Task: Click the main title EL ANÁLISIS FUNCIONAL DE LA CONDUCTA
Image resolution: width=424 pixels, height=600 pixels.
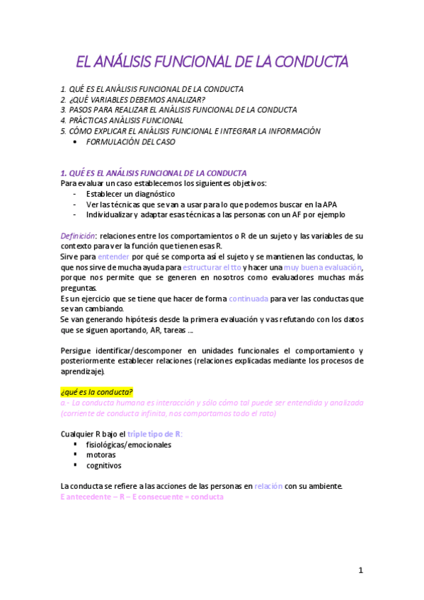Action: (x=212, y=62)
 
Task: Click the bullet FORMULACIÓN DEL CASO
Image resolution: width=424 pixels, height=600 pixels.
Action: (x=130, y=142)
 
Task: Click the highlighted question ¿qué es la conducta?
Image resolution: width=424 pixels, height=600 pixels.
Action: (x=96, y=393)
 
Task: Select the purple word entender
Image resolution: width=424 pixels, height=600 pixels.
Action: (x=114, y=257)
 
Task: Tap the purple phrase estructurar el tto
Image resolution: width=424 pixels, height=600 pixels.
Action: (x=212, y=267)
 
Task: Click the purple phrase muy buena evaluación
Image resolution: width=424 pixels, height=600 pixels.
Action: (x=322, y=267)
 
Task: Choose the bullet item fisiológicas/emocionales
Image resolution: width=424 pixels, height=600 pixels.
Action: (x=128, y=444)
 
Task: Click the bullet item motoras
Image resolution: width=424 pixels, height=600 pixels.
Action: (x=101, y=455)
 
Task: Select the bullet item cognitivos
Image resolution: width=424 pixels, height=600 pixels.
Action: (x=103, y=466)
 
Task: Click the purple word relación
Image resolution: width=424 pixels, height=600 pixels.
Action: (x=268, y=486)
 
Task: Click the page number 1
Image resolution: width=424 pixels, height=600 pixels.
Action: (x=360, y=570)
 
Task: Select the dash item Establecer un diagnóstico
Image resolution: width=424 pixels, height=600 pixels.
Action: (x=130, y=194)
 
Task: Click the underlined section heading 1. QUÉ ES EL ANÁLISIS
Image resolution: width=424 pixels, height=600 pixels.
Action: (x=154, y=173)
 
